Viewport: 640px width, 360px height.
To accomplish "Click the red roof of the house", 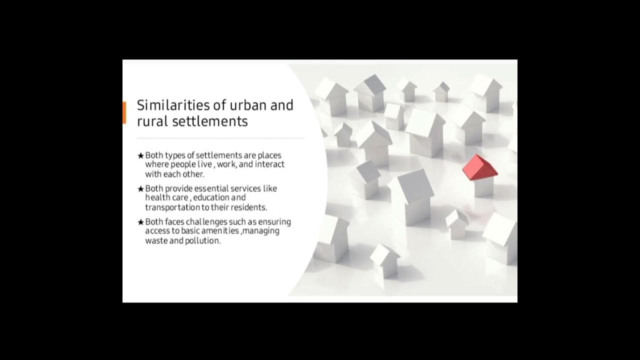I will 478,167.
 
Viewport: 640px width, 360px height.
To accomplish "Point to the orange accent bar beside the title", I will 124,112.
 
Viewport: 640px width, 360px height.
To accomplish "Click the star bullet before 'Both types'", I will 140,156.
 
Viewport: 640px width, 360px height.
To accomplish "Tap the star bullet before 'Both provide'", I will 140,189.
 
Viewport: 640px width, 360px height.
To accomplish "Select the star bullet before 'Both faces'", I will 140,222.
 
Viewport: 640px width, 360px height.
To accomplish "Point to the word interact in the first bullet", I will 269,164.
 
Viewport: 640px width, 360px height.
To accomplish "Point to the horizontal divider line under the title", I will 220,138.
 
